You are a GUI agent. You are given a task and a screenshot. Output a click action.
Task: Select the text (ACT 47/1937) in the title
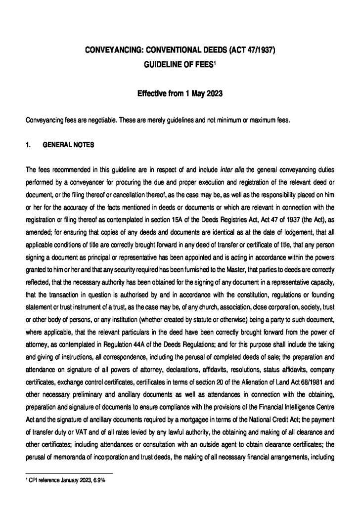point(249,50)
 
